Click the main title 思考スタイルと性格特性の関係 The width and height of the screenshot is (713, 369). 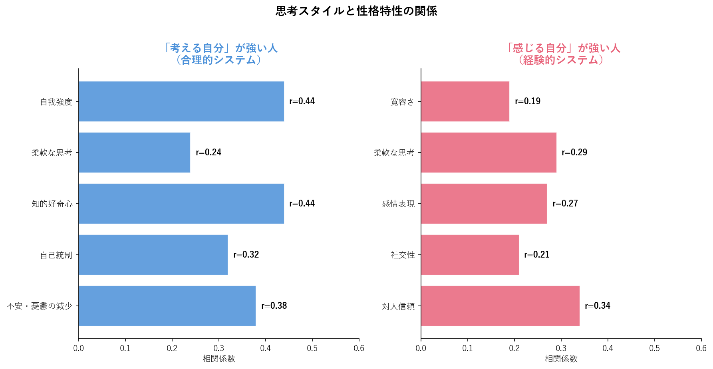pyautogui.click(x=356, y=11)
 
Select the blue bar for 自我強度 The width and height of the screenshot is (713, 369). pyautogui.click(x=181, y=101)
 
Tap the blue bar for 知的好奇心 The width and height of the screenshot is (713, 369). pyautogui.click(x=181, y=204)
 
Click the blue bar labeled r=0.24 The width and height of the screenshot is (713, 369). pyautogui.click(x=134, y=153)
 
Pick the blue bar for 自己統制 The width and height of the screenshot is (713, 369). pyautogui.click(x=153, y=255)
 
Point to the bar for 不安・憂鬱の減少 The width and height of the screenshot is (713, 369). pyautogui.click(x=167, y=306)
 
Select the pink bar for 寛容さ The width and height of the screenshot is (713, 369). pyautogui.click(x=465, y=101)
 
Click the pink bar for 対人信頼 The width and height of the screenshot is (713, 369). pyautogui.click(x=500, y=306)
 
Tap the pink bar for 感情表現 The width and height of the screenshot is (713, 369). pyautogui.click(x=484, y=204)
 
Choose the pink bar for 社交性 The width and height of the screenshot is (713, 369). pyautogui.click(x=470, y=255)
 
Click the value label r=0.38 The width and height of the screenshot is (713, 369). pyautogui.click(x=274, y=306)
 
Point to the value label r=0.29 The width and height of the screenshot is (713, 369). pyautogui.click(x=574, y=153)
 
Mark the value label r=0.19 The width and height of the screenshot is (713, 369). pyautogui.click(x=528, y=101)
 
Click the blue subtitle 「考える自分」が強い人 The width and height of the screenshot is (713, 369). pyautogui.click(x=219, y=48)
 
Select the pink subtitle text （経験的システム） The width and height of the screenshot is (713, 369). pyautogui.click(x=561, y=60)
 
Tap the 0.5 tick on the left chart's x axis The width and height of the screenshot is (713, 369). pyautogui.click(x=312, y=348)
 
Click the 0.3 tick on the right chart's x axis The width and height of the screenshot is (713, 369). pyautogui.click(x=561, y=348)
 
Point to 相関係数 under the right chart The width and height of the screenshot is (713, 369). pyautogui.click(x=561, y=359)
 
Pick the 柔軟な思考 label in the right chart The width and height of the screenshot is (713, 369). pyautogui.click(x=394, y=153)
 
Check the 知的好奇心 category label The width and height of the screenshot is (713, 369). pyautogui.click(x=52, y=204)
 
